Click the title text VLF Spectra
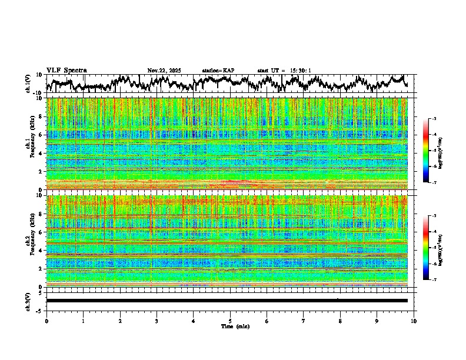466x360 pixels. coord(66,70)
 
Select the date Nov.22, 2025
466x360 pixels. coord(164,71)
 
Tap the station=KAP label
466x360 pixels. coord(218,71)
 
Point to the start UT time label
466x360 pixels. coord(284,71)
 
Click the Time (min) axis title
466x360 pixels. coord(230,326)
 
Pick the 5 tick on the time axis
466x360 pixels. coord(230,321)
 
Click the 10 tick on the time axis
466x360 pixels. coord(414,321)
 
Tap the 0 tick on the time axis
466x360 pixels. coord(46,321)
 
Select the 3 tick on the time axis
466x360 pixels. coord(157,321)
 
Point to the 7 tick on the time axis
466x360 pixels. coord(304,321)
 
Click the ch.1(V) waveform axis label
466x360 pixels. coord(28,84)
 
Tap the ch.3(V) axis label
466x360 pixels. coord(28,301)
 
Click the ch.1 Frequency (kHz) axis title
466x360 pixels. coord(28,144)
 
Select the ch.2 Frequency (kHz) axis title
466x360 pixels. coord(28,241)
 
